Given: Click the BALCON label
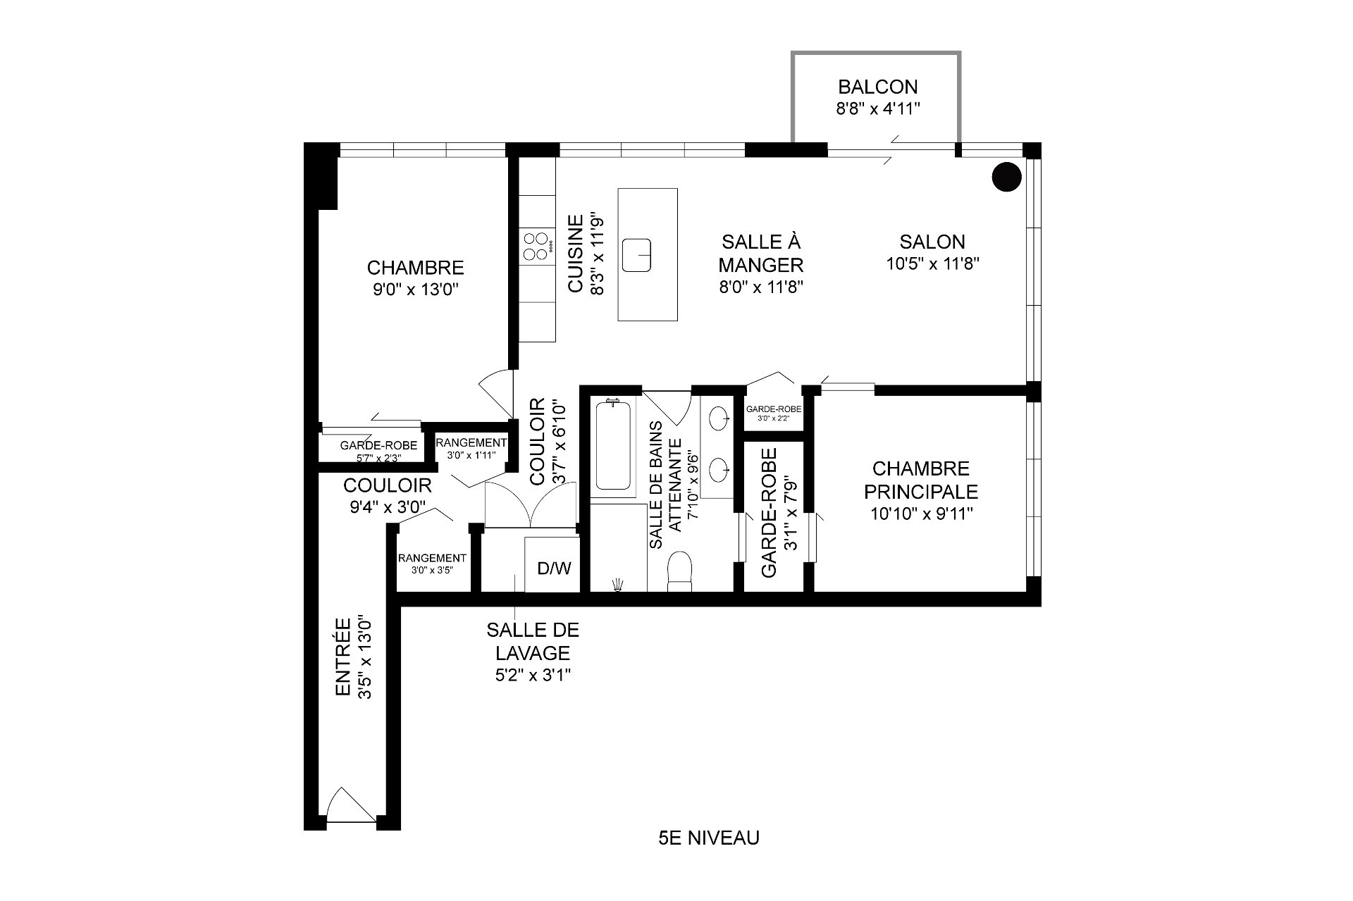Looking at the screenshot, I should [x=877, y=87].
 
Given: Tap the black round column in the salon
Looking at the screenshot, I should [x=1006, y=177].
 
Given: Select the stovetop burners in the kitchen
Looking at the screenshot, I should [x=536, y=246].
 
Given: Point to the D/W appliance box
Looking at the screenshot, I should [x=554, y=568].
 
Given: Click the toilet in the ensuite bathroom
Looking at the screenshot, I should [x=680, y=571].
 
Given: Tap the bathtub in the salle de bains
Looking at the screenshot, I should [x=613, y=445].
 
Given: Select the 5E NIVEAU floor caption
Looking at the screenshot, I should [x=708, y=838].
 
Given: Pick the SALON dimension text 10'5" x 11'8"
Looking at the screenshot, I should [x=932, y=264].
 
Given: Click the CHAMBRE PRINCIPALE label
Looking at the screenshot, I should [x=921, y=480].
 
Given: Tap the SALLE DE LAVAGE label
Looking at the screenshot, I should [x=532, y=641].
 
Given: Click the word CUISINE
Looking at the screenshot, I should [x=576, y=254].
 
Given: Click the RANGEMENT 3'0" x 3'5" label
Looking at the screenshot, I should [x=432, y=563].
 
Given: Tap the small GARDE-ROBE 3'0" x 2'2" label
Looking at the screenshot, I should [x=772, y=412].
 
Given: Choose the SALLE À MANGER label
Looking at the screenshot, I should [x=761, y=254].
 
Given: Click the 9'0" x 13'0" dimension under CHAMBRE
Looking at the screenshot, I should [x=416, y=290].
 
